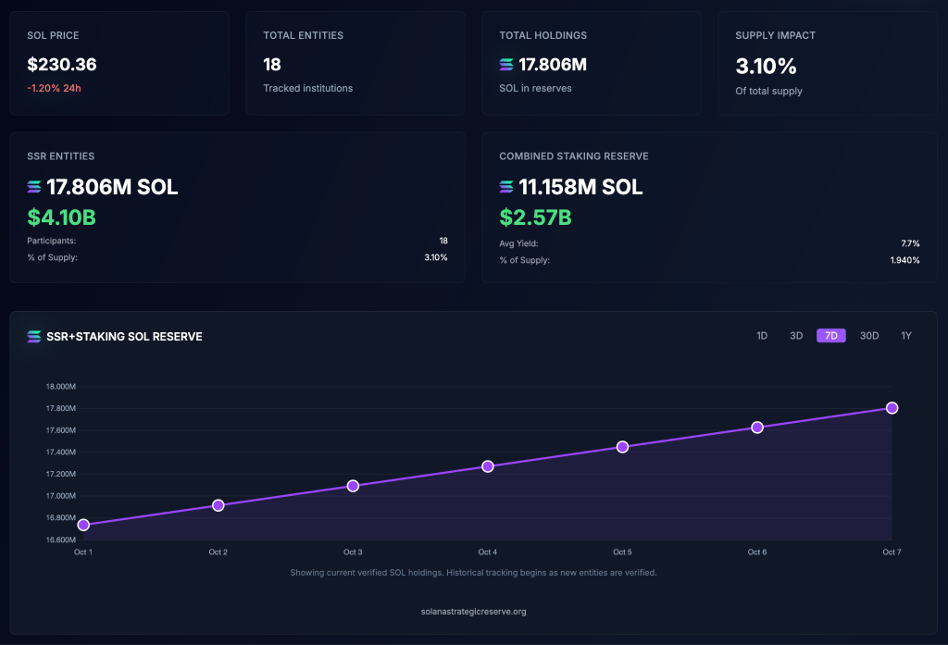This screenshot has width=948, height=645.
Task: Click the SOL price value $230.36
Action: click(62, 65)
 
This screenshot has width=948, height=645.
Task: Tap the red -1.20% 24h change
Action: click(55, 88)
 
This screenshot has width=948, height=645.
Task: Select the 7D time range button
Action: click(830, 336)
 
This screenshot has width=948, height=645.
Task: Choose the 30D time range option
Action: click(869, 336)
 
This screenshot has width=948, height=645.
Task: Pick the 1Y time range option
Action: click(906, 336)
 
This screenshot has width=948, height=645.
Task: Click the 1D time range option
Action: click(762, 336)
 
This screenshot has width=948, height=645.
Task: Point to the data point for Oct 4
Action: click(488, 466)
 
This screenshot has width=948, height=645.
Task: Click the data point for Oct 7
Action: click(892, 408)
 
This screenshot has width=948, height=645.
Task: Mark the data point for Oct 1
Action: click(83, 525)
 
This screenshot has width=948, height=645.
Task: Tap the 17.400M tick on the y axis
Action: click(60, 452)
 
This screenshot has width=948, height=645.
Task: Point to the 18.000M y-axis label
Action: click(60, 387)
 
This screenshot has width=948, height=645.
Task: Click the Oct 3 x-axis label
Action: click(353, 552)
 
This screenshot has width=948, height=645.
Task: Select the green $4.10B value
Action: click(62, 217)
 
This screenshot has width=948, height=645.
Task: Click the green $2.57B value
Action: click(535, 217)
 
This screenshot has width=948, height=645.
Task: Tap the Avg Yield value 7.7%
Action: click(910, 243)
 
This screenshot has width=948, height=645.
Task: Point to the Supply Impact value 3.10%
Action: click(766, 66)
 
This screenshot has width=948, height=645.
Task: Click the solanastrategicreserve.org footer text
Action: click(473, 612)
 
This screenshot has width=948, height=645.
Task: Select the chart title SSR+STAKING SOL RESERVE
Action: click(124, 337)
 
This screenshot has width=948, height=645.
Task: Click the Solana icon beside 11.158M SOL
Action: click(506, 187)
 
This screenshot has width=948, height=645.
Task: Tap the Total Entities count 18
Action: click(272, 65)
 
